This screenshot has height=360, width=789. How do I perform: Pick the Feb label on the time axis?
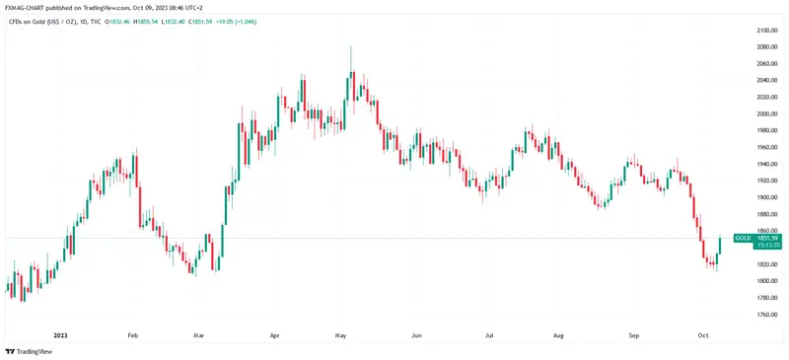[x=131, y=335]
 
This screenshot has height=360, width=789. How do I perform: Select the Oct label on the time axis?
[x=704, y=335]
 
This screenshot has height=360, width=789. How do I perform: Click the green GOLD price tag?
[x=744, y=238]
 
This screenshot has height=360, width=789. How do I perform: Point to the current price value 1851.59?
[x=770, y=238]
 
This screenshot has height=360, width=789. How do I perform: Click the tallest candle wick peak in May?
[x=351, y=46]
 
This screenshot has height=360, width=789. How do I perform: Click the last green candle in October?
[x=722, y=249]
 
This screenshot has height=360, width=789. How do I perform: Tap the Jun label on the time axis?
[x=416, y=335]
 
